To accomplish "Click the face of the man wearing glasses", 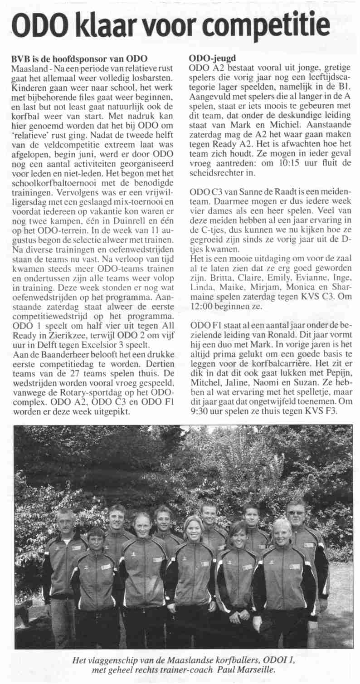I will (295, 513).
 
